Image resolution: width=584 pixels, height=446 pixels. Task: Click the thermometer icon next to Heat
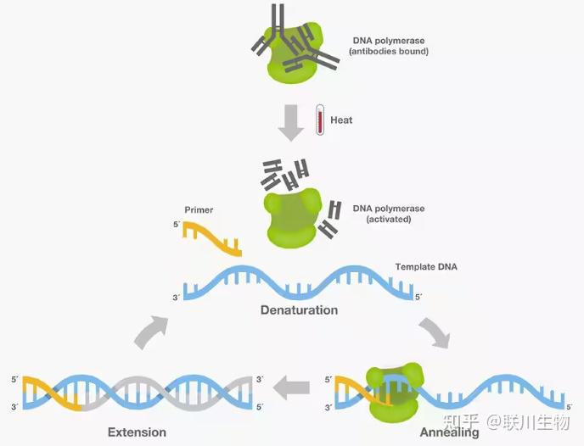pyautogui.click(x=319, y=120)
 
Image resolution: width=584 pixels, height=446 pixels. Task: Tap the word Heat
pyautogui.click(x=341, y=120)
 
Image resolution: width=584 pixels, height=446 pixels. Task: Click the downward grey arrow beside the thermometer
pyautogui.click(x=291, y=123)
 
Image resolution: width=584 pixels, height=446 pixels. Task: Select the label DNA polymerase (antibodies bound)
pyautogui.click(x=389, y=46)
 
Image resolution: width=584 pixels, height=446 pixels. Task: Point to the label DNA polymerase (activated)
pyautogui.click(x=389, y=214)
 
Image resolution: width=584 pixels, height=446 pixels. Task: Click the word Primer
pyautogui.click(x=199, y=209)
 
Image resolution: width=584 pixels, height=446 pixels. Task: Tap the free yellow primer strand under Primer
pyautogui.click(x=212, y=239)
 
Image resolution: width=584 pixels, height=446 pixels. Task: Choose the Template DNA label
pyautogui.click(x=426, y=267)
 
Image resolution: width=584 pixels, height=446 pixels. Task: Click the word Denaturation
pyautogui.click(x=299, y=310)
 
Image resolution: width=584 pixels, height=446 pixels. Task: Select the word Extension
pyautogui.click(x=137, y=432)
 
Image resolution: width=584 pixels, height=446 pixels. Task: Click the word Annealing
pyautogui.click(x=450, y=432)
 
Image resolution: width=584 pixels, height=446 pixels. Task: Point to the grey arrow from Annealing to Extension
pyautogui.click(x=291, y=387)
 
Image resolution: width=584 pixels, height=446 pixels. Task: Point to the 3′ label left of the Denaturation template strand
pyautogui.click(x=177, y=298)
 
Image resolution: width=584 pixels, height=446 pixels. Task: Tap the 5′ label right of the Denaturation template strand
pyautogui.click(x=419, y=297)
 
